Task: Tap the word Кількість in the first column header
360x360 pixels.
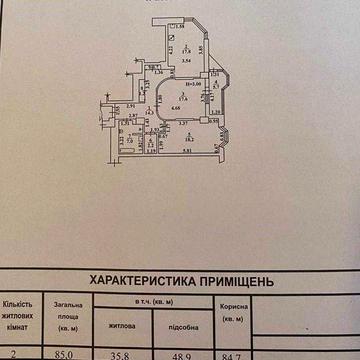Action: coord(23,303)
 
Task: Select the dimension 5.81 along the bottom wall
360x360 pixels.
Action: coord(187,152)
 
